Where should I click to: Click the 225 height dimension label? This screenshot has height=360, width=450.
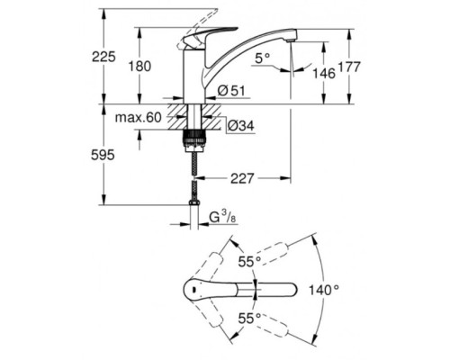[103, 57]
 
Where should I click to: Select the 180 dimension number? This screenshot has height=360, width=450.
[139, 66]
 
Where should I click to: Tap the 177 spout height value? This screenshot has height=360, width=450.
[349, 67]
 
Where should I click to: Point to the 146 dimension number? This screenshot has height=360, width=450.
[324, 74]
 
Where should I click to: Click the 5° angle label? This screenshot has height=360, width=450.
[263, 58]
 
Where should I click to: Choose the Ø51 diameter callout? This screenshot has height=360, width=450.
[231, 91]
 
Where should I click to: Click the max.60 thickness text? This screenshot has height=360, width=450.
[139, 118]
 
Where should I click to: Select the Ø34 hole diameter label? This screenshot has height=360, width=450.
[241, 126]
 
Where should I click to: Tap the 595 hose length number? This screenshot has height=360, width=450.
[103, 155]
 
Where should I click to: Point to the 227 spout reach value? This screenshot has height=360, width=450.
[242, 179]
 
